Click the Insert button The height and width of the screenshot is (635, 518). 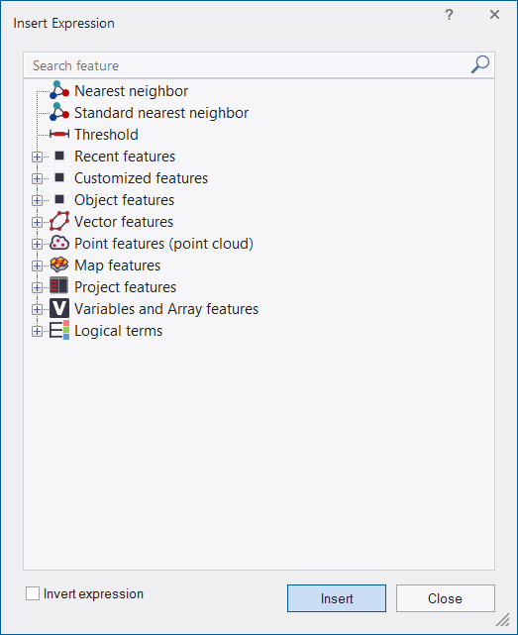click(337, 598)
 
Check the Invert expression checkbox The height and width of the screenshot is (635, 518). click(33, 593)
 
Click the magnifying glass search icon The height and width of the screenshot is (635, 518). click(480, 64)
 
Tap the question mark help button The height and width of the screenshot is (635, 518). click(449, 15)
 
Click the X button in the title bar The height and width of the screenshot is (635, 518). click(494, 15)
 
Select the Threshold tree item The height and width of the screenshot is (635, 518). click(106, 135)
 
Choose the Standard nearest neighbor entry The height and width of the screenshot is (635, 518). click(161, 113)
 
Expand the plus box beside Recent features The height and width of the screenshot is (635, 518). click(37, 157)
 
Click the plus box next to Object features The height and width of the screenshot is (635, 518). click(37, 200)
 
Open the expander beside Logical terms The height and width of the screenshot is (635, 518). click(37, 331)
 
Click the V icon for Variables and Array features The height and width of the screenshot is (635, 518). click(59, 309)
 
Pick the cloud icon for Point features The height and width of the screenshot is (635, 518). click(59, 243)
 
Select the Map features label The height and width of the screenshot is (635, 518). click(118, 265)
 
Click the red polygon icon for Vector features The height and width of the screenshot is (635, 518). click(59, 221)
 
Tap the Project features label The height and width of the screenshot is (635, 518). click(125, 287)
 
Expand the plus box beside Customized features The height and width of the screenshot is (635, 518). click(37, 178)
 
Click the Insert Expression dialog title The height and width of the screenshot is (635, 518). click(64, 24)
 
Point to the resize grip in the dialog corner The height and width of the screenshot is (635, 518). click(503, 619)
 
